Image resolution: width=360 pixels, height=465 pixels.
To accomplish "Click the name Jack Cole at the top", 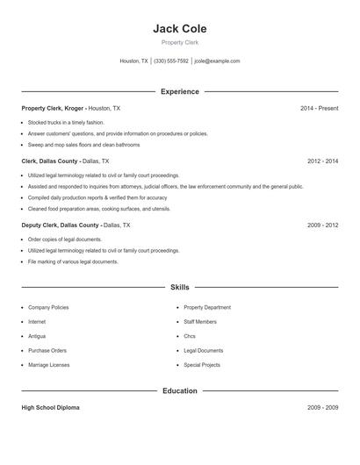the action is [x=179, y=29].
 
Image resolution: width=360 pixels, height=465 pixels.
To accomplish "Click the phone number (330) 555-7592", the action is [x=171, y=61].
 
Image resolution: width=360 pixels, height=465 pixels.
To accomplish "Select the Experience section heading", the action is [x=179, y=91].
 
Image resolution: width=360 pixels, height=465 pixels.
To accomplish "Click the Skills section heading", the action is [x=179, y=287].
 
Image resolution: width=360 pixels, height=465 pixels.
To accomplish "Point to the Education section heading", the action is [x=179, y=391].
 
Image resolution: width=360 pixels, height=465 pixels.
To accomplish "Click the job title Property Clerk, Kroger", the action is [x=54, y=108].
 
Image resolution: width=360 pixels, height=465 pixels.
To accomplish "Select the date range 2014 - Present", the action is [x=319, y=108].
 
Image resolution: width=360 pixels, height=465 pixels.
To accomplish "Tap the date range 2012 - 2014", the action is [x=322, y=161].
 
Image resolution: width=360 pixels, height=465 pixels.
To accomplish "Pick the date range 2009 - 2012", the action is [x=322, y=225].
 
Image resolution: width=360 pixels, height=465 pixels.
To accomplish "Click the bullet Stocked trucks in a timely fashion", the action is [x=66, y=123].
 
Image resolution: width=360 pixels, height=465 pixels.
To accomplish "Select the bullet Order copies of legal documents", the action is [x=65, y=239].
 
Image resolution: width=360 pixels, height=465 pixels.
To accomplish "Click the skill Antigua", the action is [x=37, y=336].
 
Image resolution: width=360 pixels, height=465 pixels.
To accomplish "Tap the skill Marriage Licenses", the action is [x=48, y=365].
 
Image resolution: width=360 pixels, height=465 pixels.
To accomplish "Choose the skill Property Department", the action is [x=207, y=308].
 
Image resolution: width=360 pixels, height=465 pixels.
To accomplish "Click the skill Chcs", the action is [x=190, y=336].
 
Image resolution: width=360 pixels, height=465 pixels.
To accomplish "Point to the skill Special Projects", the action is [x=202, y=365].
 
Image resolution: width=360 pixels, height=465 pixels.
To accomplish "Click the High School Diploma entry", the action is [x=51, y=408].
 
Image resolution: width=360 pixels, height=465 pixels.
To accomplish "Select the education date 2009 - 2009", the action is [x=322, y=408].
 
